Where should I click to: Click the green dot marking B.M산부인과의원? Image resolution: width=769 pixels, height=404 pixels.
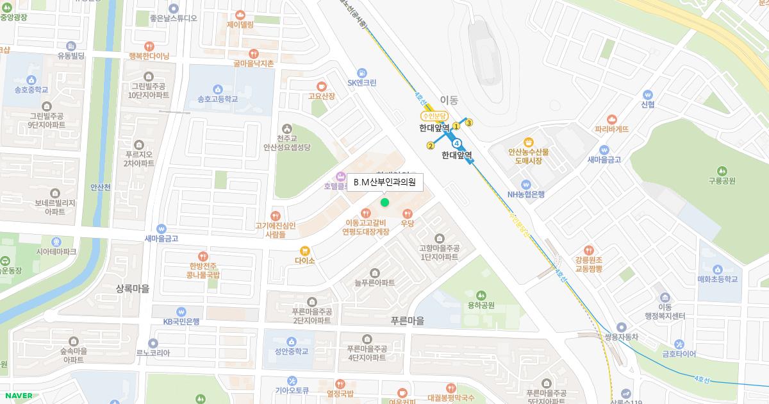(384, 203)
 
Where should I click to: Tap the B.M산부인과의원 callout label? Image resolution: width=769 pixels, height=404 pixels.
(384, 182)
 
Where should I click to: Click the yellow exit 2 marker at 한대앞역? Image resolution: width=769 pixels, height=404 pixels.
(431, 146)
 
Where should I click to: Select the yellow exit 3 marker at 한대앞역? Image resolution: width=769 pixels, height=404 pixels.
(469, 122)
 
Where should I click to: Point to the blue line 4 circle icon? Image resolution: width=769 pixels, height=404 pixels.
(456, 142)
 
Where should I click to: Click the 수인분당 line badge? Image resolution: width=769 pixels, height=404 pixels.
(433, 116)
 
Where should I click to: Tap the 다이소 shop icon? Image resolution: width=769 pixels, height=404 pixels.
(305, 251)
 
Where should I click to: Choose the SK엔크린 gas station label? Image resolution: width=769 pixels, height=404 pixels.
(362, 83)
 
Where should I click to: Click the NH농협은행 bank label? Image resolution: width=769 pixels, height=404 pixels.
(525, 194)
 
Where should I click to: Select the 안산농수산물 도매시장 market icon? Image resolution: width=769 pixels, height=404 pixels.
(529, 142)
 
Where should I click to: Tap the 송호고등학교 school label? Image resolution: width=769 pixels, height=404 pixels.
(217, 99)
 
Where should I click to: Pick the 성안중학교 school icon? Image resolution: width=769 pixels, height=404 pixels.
(292, 341)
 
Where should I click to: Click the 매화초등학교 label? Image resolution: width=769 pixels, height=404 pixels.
(717, 279)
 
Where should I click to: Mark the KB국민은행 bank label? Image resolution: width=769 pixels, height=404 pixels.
(181, 321)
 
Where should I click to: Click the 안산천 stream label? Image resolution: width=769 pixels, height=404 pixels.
(101, 187)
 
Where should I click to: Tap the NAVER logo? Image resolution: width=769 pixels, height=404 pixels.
(17, 396)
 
